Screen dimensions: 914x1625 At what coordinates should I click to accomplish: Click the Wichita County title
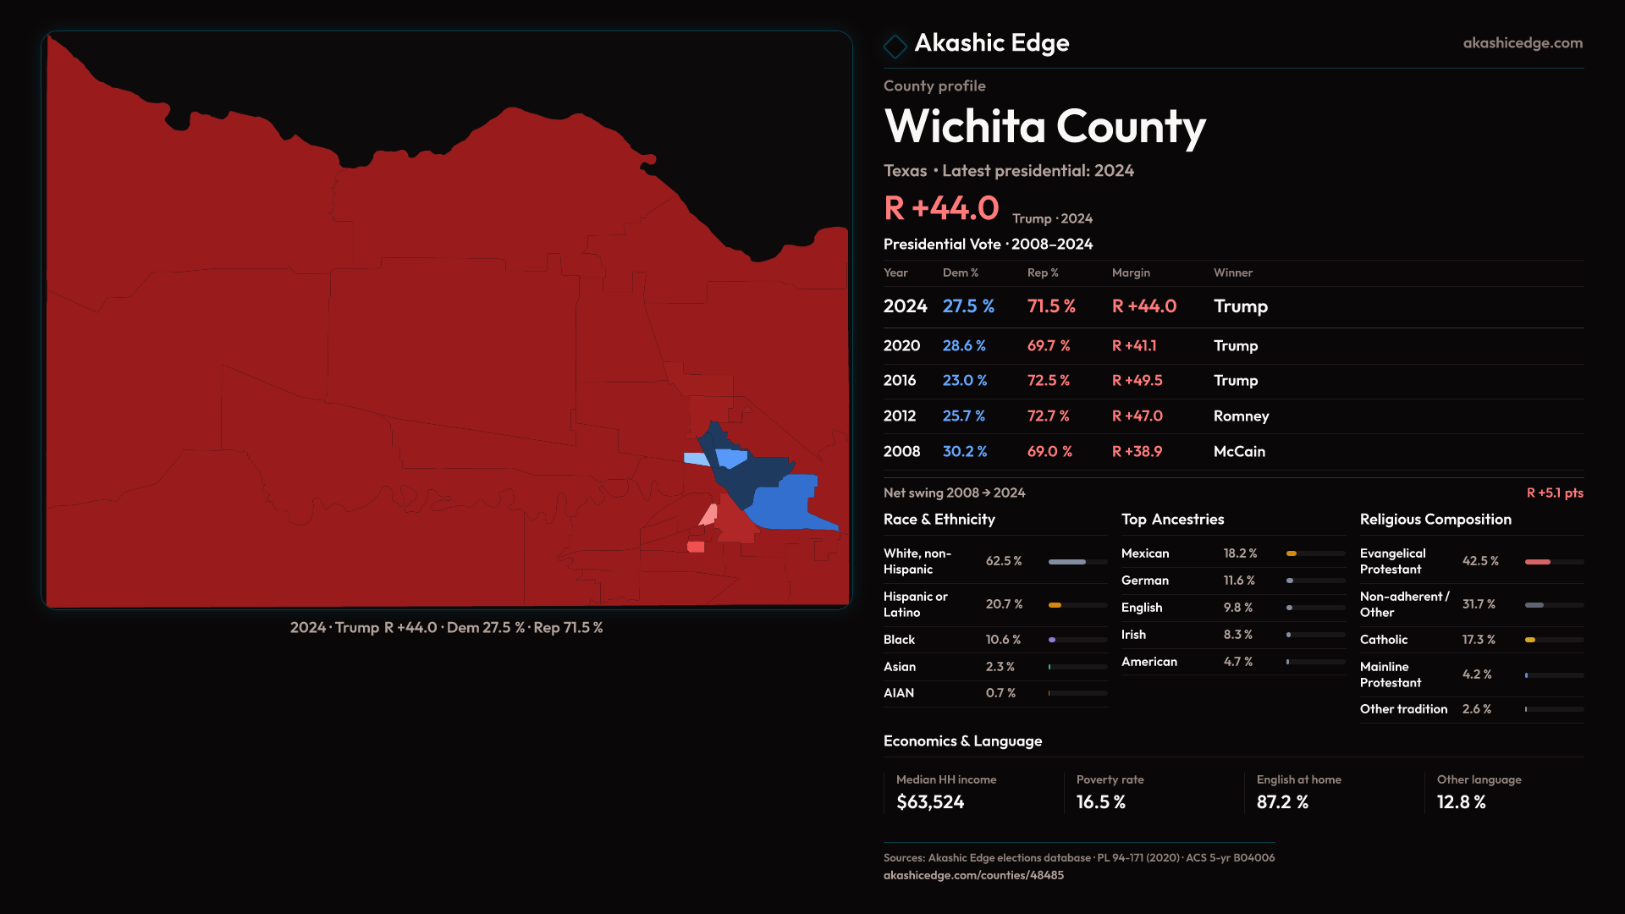click(x=1044, y=127)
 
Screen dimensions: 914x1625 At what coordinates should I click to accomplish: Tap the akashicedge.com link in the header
click(x=1522, y=43)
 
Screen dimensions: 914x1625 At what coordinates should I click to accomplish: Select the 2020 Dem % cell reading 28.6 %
click(x=964, y=346)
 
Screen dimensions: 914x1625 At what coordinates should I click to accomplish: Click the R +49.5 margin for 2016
click(x=1137, y=381)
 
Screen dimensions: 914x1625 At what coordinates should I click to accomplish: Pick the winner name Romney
click(x=1241, y=416)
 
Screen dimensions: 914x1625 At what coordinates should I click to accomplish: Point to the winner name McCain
click(x=1239, y=452)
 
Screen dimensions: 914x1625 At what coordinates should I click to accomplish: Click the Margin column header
click(x=1131, y=273)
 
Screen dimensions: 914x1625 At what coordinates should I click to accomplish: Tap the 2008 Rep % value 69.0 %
click(x=1049, y=452)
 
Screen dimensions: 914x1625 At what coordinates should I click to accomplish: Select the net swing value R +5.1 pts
click(x=1554, y=493)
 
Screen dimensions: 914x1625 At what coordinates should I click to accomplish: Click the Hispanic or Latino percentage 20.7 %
click(x=1004, y=604)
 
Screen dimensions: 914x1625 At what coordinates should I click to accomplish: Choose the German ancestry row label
click(x=1144, y=581)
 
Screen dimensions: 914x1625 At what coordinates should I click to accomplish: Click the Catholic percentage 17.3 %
click(x=1478, y=640)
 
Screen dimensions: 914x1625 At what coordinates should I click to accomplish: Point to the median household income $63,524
click(x=929, y=802)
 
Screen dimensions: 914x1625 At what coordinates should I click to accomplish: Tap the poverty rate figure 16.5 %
click(x=1100, y=802)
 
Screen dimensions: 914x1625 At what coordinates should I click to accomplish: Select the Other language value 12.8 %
click(x=1461, y=802)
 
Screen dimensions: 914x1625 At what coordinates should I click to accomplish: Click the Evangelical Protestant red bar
click(x=1537, y=562)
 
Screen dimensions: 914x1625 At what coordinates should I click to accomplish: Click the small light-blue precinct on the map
click(x=696, y=459)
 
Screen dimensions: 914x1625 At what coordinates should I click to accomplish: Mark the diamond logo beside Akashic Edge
click(x=895, y=45)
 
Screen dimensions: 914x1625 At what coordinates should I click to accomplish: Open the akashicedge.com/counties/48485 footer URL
click(x=973, y=876)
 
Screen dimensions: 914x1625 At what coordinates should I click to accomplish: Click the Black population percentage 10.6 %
click(x=1003, y=640)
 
